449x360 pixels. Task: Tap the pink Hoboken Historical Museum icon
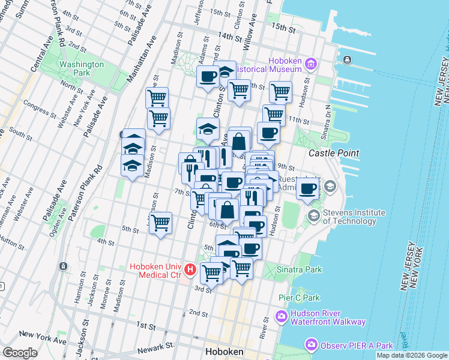(310, 64)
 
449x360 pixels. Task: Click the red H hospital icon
(190, 270)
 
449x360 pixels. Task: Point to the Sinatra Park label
(298, 270)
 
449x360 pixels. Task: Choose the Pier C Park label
(299, 298)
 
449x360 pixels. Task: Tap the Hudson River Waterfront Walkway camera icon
(281, 316)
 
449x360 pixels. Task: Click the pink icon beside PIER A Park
(311, 345)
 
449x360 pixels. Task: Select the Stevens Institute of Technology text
(354, 217)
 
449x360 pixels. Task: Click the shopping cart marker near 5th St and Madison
(160, 223)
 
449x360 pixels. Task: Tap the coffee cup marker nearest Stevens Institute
(308, 189)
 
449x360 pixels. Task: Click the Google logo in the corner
(20, 353)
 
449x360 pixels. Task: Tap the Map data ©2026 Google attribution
(412, 355)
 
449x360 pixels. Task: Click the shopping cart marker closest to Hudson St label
(280, 92)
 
